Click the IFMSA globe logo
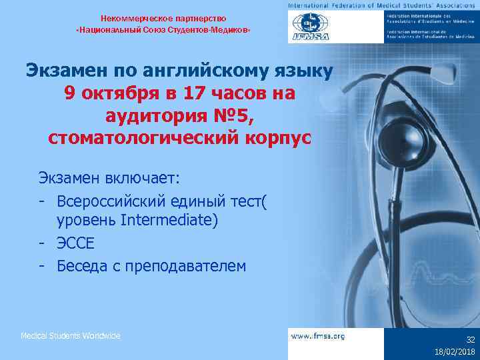307,27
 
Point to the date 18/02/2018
454,351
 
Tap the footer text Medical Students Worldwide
71,335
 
